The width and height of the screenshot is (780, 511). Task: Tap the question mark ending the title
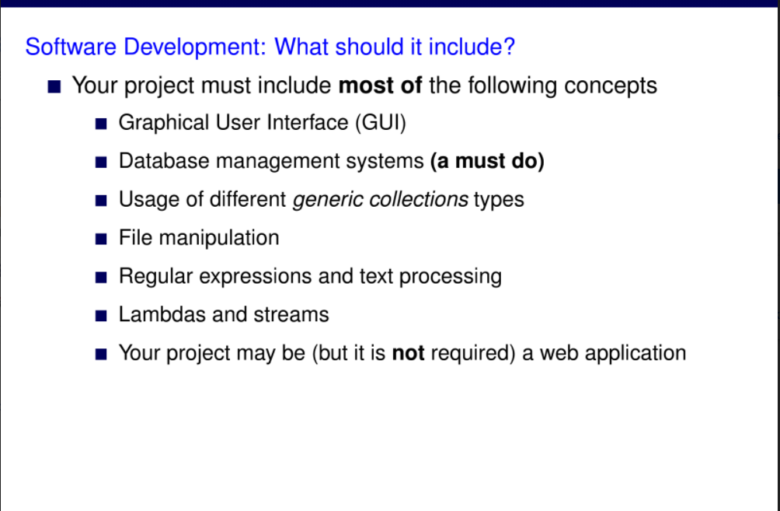(x=509, y=47)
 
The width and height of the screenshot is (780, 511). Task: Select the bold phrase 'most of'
(x=380, y=86)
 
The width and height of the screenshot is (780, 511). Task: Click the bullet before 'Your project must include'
(x=54, y=86)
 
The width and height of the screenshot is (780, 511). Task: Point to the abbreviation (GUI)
(x=381, y=123)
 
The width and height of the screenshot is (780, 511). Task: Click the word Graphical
(x=164, y=123)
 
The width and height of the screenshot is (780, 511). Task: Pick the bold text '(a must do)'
(x=487, y=161)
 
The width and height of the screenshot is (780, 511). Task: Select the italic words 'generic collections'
(x=380, y=199)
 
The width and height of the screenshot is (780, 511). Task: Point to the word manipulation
(x=219, y=238)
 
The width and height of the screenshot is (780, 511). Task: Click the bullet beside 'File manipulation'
(x=101, y=239)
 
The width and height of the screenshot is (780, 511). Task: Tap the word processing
(x=450, y=276)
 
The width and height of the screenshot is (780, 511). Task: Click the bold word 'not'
(x=408, y=353)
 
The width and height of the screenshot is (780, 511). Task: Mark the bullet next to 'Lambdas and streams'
(x=101, y=316)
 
